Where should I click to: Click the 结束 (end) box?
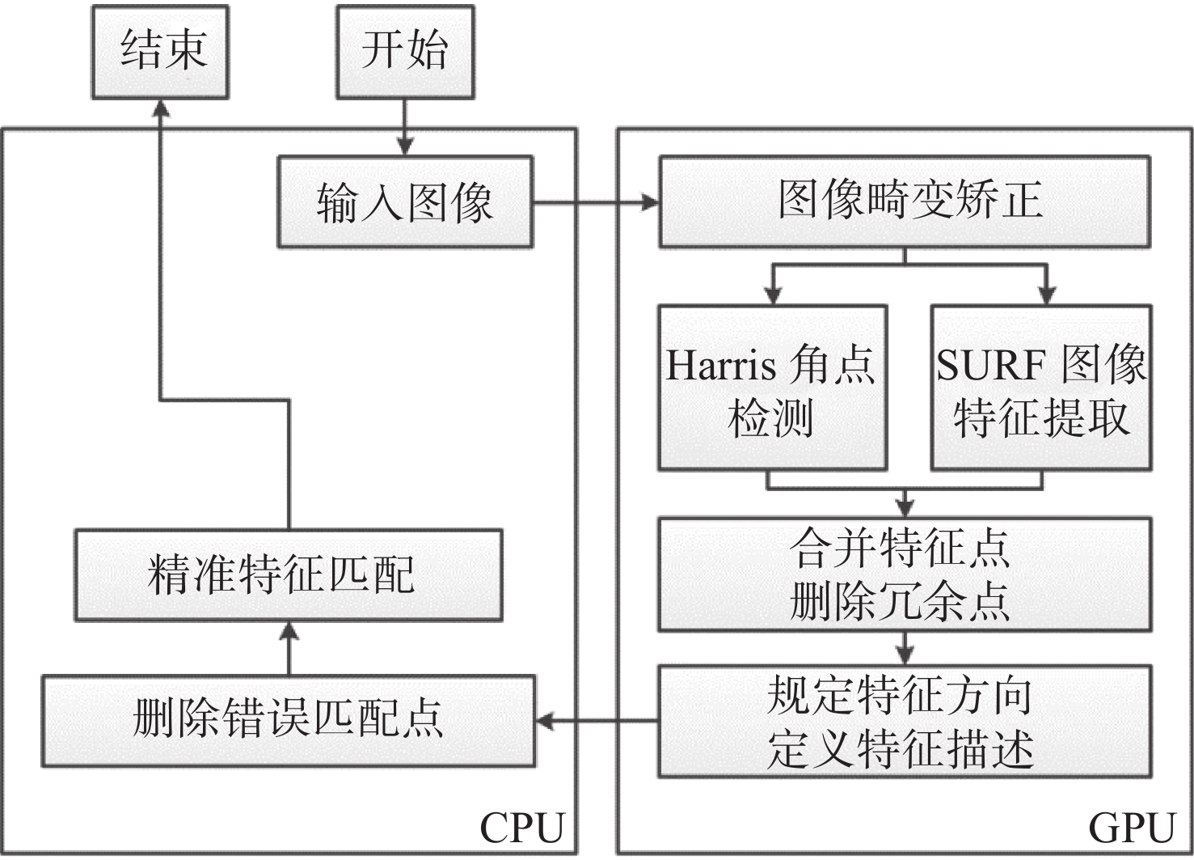pyautogui.click(x=160, y=52)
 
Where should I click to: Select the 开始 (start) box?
pyautogui.click(x=405, y=52)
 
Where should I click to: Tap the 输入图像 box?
pyautogui.click(x=405, y=202)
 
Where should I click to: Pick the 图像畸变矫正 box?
pyautogui.click(x=905, y=202)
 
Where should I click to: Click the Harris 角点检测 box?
pyautogui.click(x=773, y=388)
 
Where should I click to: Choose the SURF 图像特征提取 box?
pyautogui.click(x=1041, y=388)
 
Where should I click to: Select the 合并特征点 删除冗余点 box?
pyautogui.click(x=905, y=574)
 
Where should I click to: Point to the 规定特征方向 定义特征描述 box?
pyautogui.click(x=905, y=722)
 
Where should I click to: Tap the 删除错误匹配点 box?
pyautogui.click(x=289, y=722)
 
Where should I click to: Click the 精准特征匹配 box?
pyautogui.click(x=289, y=575)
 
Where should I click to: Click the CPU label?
pyautogui.click(x=522, y=828)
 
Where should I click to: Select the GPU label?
pyautogui.click(x=1132, y=828)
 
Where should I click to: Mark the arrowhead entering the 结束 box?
pyautogui.click(x=160, y=109)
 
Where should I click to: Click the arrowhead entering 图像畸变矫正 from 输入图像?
pyautogui.click(x=649, y=202)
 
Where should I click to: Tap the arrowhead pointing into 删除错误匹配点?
pyautogui.click(x=545, y=722)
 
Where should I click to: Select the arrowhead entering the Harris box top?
pyautogui.click(x=773, y=295)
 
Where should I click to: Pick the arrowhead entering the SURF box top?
pyautogui.click(x=1047, y=295)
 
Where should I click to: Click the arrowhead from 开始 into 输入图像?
pyautogui.click(x=404, y=146)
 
